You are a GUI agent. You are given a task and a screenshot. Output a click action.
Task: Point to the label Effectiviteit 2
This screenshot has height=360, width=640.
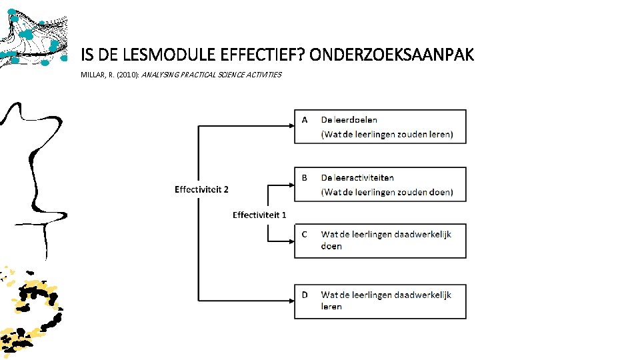point(201,189)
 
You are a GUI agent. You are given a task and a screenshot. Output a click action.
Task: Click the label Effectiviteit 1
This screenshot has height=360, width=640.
point(259,215)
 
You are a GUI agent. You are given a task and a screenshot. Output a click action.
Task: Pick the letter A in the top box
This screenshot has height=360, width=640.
point(305,120)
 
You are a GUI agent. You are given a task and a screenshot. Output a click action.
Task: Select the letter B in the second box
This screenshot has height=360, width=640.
point(305,177)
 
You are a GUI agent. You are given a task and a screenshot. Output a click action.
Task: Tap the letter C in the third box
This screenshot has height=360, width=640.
point(305,234)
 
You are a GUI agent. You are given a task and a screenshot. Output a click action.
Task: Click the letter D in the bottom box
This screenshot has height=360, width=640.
point(305,294)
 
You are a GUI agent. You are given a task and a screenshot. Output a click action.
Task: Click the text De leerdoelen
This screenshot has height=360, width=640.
point(349,120)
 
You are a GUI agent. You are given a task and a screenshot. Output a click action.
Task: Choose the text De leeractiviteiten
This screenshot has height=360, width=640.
point(357,177)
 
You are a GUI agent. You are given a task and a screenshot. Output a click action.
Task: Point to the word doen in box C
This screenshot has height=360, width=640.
point(331,247)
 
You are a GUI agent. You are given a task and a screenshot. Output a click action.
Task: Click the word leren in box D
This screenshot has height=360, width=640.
point(331,307)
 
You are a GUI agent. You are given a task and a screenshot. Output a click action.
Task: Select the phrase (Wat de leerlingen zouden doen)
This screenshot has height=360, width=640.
point(387,192)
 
